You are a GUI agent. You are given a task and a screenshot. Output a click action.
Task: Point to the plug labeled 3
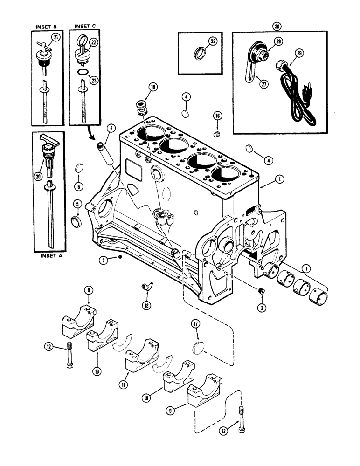tap(261, 291)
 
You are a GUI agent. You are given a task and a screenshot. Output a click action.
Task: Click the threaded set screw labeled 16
tap(216, 135)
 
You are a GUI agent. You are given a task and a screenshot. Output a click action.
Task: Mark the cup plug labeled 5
tap(77, 219)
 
